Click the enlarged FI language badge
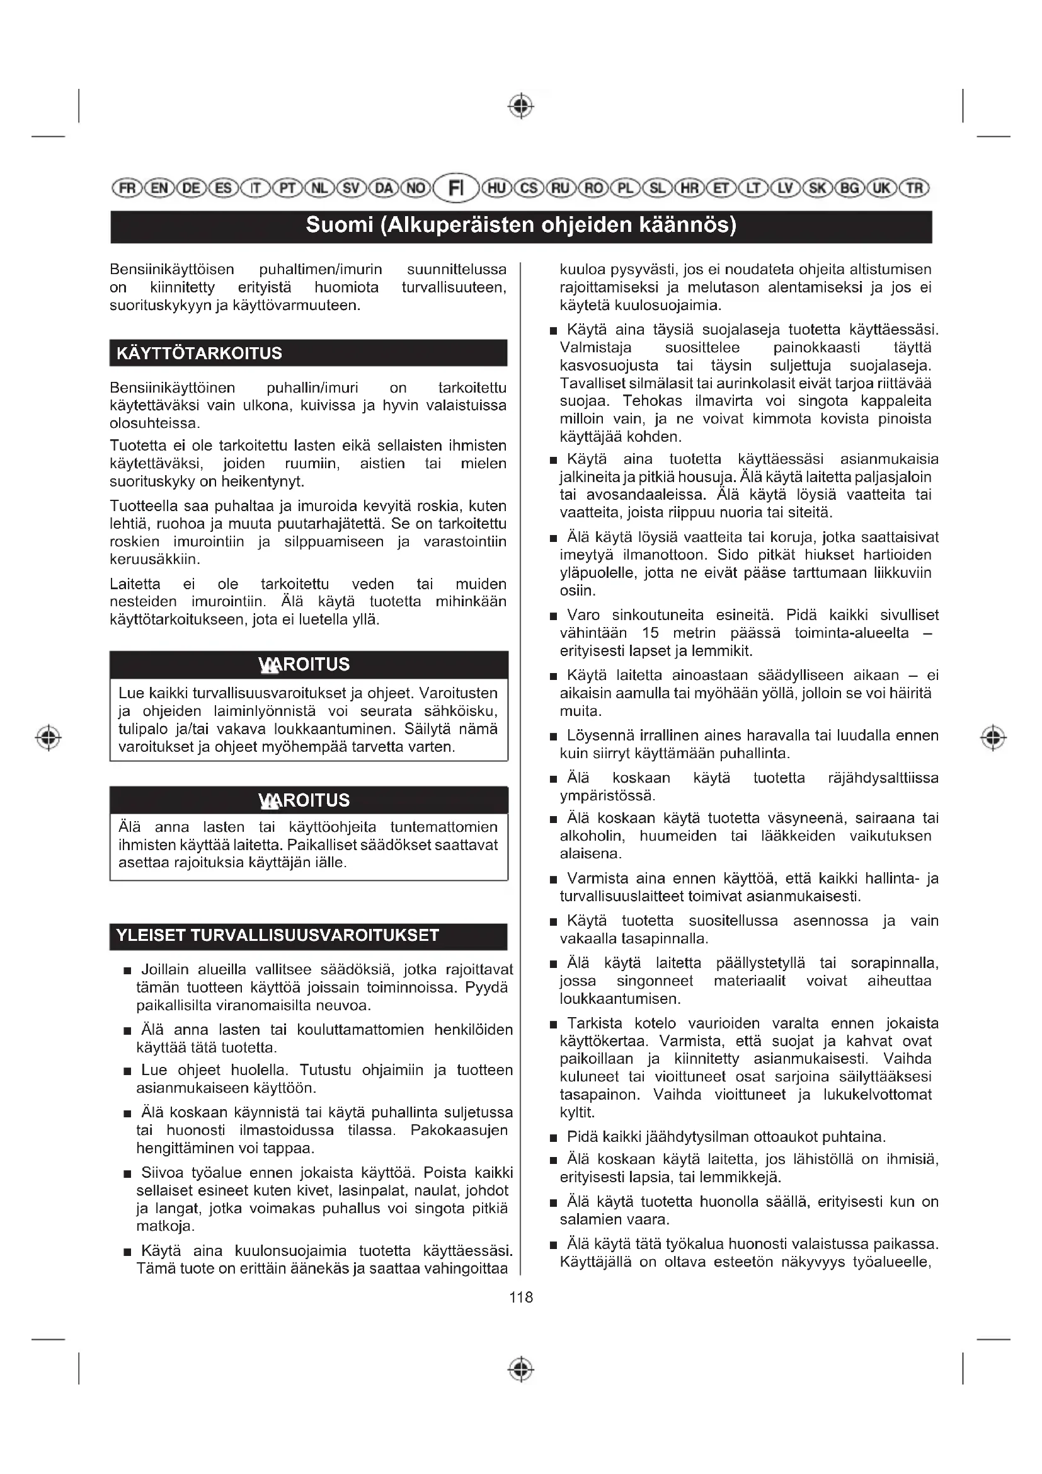click(x=455, y=188)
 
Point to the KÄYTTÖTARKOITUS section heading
click(x=199, y=354)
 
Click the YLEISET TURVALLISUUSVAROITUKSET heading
click(x=277, y=935)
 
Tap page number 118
click(x=521, y=1298)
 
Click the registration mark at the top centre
click(x=521, y=106)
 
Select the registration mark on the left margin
click(x=48, y=737)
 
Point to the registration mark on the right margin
click(x=993, y=737)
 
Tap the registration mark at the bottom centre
click(x=521, y=1370)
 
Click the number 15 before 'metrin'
click(x=650, y=633)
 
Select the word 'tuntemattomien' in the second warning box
click(x=444, y=827)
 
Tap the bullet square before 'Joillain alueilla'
click(x=128, y=970)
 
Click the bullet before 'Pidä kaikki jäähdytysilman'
click(x=554, y=1138)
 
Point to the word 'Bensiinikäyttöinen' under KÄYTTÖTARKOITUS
click(x=173, y=388)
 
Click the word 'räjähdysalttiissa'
click(x=883, y=778)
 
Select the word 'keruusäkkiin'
click(x=154, y=559)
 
